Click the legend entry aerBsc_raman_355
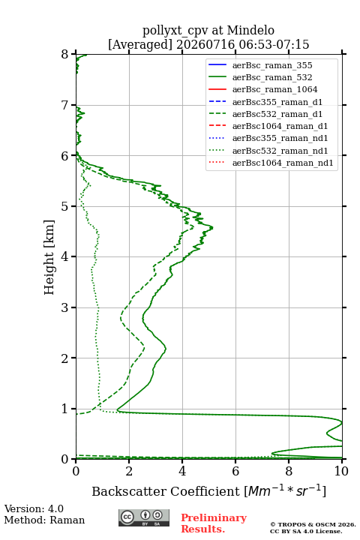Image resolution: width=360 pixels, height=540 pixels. point(272,65)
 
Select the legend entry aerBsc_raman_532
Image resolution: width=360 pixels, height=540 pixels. point(272,77)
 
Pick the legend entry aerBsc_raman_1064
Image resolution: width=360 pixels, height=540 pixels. point(275,89)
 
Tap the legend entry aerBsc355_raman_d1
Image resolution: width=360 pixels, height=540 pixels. point(277,102)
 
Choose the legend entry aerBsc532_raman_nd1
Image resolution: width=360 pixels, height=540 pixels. point(280,151)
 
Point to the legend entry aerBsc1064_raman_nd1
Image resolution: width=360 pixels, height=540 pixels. point(283,163)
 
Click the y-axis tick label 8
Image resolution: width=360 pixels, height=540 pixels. point(65,54)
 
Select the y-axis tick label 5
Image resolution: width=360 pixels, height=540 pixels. point(65,206)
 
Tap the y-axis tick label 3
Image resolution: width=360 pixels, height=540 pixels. point(65,307)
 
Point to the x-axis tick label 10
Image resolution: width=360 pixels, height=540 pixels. point(341,471)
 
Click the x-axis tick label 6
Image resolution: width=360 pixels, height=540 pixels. point(235,471)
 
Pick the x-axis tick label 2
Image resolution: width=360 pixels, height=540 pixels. point(129,471)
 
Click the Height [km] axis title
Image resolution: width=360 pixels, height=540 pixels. point(49,257)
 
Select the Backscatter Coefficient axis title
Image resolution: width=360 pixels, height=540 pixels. point(208,490)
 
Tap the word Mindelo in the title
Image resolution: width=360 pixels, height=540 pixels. point(250,30)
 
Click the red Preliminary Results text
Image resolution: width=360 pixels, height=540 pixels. point(214,523)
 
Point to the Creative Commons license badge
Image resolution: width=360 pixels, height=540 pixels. point(144,517)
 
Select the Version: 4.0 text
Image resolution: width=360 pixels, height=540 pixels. point(34,508)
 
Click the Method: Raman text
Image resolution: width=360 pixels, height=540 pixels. point(44,520)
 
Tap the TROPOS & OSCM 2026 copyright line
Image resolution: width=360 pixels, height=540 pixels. point(313,524)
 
